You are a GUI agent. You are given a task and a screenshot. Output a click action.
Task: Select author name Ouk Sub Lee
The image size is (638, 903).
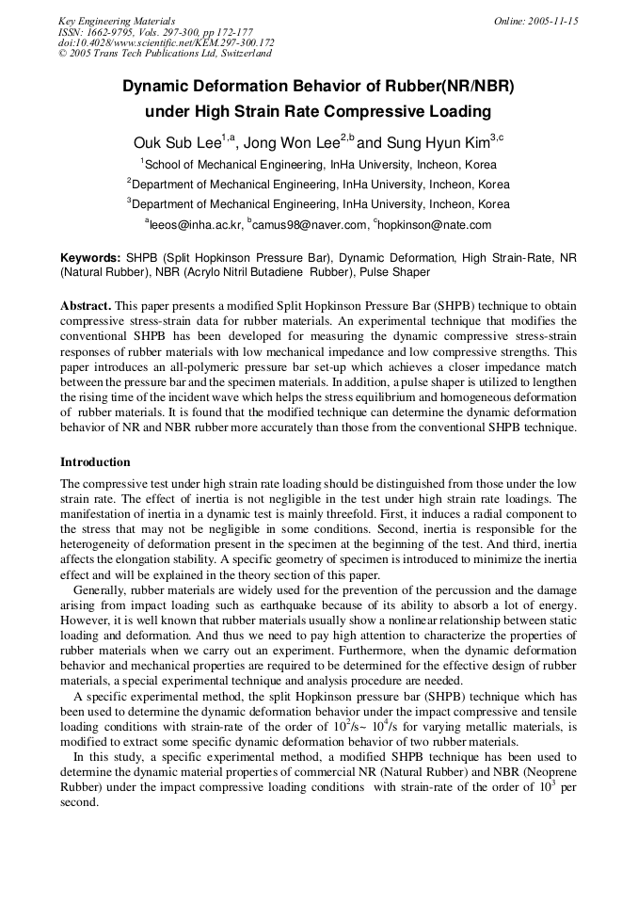176,143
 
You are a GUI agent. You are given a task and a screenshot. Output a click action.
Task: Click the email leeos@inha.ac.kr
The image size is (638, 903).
194,225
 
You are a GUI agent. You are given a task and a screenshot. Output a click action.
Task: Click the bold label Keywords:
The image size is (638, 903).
90,257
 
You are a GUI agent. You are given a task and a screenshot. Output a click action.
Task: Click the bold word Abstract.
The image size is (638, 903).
86,306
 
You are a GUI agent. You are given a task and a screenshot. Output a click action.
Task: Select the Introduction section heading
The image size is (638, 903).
95,462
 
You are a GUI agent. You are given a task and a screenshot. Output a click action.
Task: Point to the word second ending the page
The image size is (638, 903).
79,802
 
